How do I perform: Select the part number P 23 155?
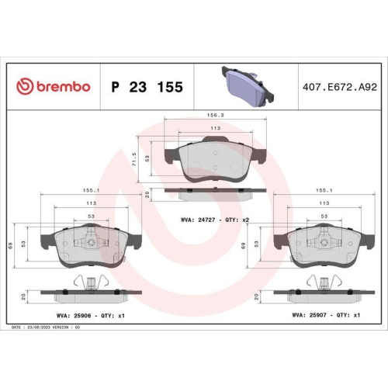147,87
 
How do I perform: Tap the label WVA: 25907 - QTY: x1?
326,316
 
